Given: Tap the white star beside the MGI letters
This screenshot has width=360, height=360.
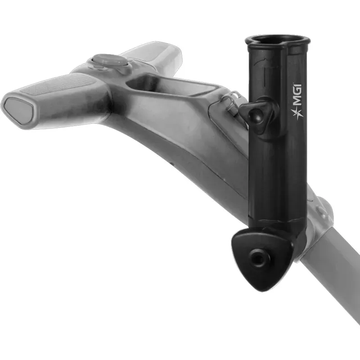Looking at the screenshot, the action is tap(296, 114).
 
